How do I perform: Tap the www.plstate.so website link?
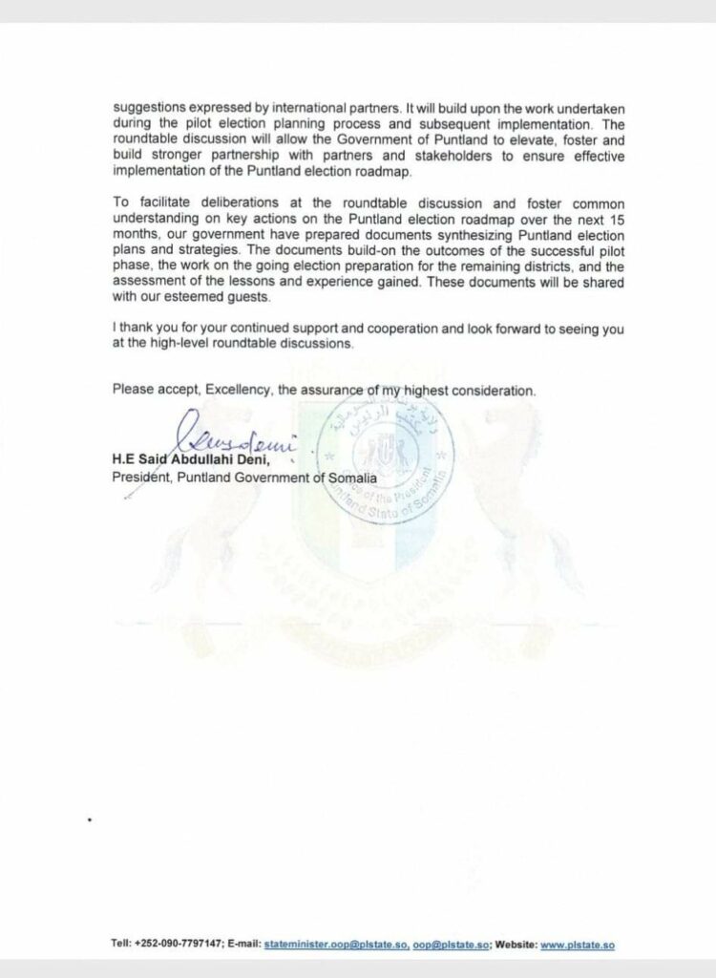[x=577, y=945]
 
